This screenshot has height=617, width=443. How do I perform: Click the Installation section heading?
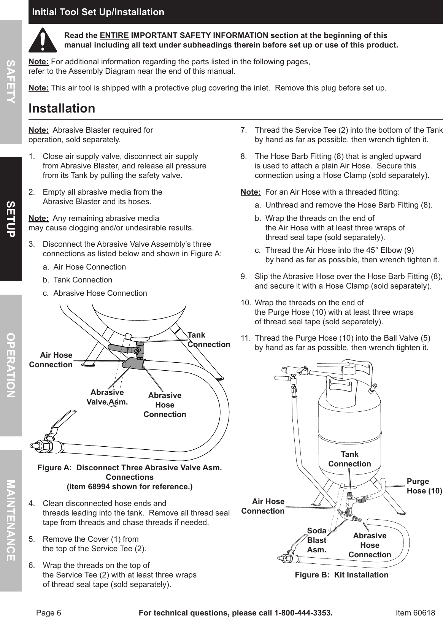pyautogui.click(x=62, y=108)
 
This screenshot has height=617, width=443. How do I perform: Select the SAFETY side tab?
pyautogui.click(x=11, y=81)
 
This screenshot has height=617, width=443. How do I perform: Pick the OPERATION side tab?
pyautogui.click(x=11, y=365)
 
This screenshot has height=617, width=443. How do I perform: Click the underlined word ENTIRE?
pyautogui.click(x=114, y=36)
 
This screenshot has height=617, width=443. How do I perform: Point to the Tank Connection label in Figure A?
pyautogui.click(x=208, y=339)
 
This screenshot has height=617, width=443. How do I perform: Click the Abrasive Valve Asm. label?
pyautogui.click(x=107, y=397)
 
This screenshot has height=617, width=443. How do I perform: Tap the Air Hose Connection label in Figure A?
pyautogui.click(x=51, y=360)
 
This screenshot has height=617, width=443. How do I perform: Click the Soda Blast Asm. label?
pyautogui.click(x=317, y=540)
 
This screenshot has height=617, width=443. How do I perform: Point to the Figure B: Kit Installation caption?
pyautogui.click(x=341, y=575)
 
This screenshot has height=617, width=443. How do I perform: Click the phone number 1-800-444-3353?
pyautogui.click(x=302, y=602)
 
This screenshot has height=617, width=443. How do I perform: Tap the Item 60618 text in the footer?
pyautogui.click(x=415, y=602)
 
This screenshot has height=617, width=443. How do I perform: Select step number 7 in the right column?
pyautogui.click(x=244, y=130)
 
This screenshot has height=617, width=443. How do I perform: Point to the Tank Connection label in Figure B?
pyautogui.click(x=349, y=459)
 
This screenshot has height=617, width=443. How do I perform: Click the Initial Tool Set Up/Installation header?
pyautogui.click(x=98, y=12)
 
